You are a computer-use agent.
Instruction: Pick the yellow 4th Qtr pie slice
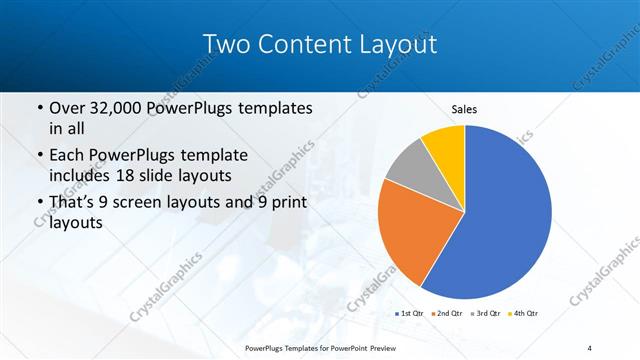[x=444, y=143]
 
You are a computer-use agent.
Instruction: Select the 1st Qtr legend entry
[x=411, y=313]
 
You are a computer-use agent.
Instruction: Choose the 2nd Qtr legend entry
[x=448, y=313]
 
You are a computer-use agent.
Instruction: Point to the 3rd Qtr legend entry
[x=486, y=313]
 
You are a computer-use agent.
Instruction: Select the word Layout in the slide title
[x=399, y=45]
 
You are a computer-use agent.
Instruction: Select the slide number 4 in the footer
[x=590, y=347]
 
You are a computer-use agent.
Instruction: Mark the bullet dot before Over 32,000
[x=39, y=108]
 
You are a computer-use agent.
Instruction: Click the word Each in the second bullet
[x=68, y=156]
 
